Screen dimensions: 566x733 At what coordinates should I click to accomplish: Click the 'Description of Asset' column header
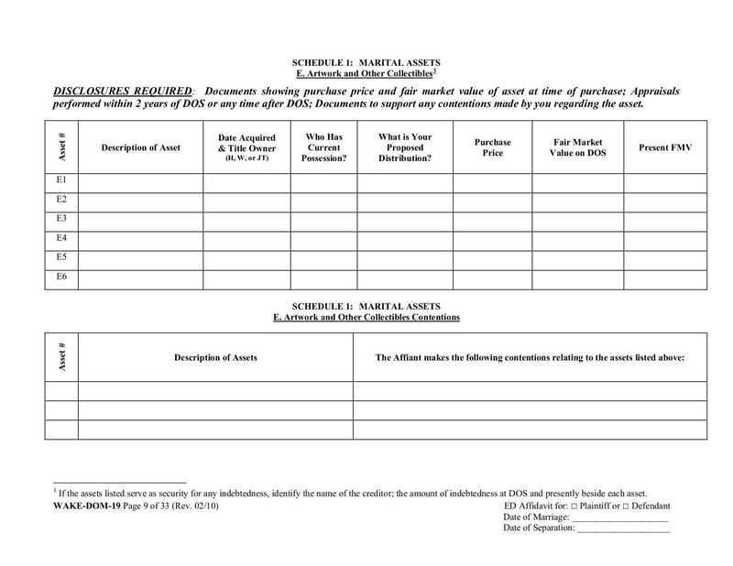coord(140,147)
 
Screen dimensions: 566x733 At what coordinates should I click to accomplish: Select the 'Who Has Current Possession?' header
coord(323,147)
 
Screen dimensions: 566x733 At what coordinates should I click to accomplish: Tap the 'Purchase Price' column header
coord(492,147)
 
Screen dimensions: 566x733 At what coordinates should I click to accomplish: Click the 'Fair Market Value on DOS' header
coord(577,147)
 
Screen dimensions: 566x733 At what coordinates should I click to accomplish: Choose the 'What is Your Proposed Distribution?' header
coord(404,147)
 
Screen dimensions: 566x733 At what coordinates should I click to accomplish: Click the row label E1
coord(61,181)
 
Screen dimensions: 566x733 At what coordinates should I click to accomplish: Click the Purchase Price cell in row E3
coord(492,221)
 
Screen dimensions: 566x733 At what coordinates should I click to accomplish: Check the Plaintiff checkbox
coord(574,506)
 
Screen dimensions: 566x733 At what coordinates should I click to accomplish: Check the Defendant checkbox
coord(626,506)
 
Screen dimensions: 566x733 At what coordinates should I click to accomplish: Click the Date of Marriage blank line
coord(619,517)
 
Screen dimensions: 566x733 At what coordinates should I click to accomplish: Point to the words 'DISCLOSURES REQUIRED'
coord(123,92)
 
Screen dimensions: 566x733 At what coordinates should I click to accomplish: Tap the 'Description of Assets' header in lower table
coord(215,357)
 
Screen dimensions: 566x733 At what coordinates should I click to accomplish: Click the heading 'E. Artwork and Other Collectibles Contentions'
coord(366,317)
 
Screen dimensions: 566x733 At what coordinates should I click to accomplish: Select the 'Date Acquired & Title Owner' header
coord(246,147)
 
